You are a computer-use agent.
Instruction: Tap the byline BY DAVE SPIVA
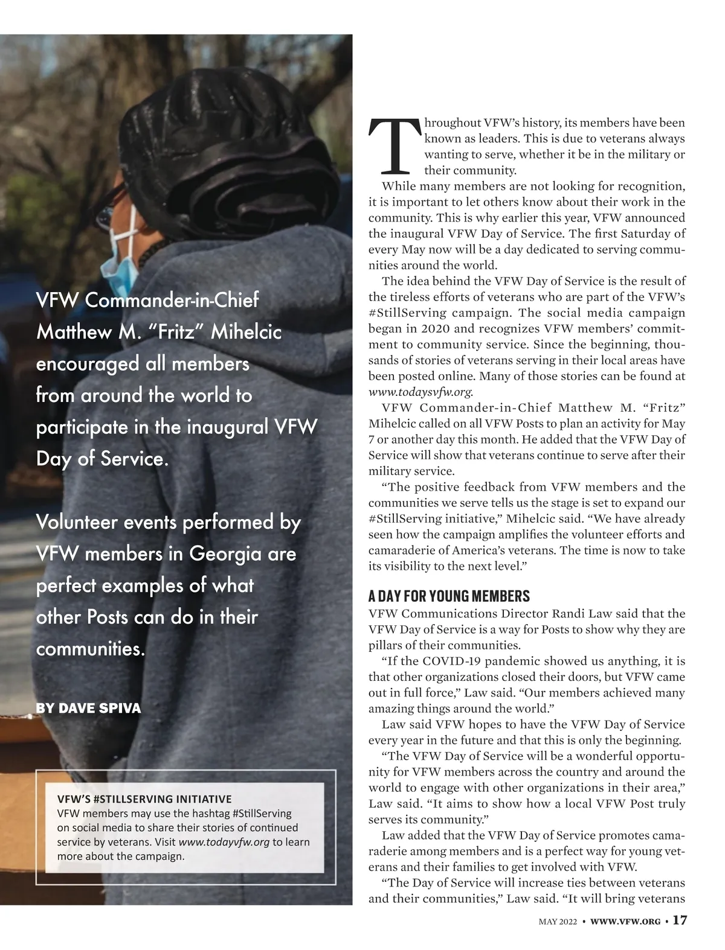[88, 708]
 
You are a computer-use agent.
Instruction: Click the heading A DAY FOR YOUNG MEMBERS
[449, 596]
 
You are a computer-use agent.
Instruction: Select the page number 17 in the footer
[680, 920]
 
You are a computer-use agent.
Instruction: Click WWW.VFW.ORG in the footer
[625, 922]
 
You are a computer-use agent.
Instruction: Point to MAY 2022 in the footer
[558, 922]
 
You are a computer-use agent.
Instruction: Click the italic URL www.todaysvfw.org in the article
[420, 392]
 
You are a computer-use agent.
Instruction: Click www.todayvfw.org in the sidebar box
[224, 842]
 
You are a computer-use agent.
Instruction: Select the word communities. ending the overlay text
[91, 649]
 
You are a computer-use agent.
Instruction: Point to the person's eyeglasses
[109, 206]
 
